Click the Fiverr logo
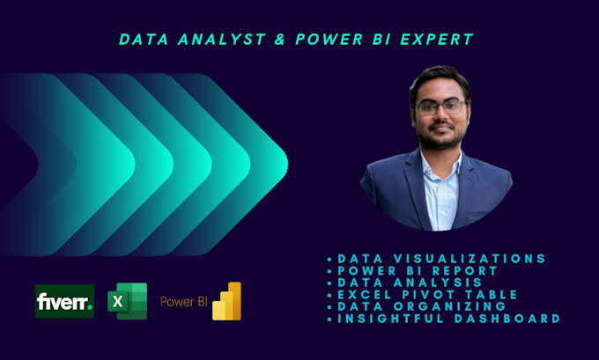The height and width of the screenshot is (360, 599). point(64,302)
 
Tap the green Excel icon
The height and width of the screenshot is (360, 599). point(126,302)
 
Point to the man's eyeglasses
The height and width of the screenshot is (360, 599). point(440,107)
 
